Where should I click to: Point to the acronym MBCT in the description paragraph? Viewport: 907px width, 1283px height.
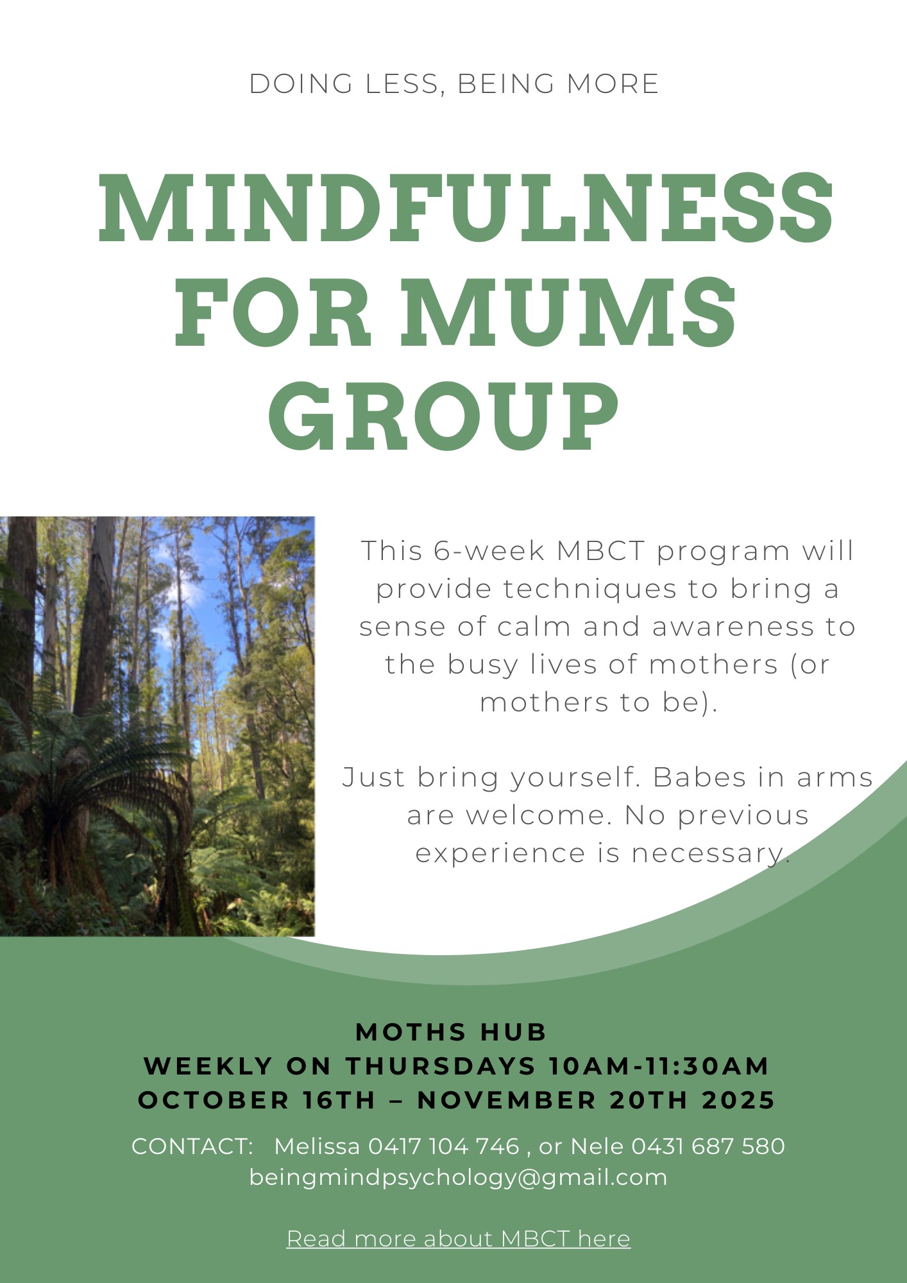click(600, 551)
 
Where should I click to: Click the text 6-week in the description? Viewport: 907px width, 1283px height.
click(489, 551)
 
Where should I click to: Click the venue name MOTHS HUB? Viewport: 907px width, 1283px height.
click(451, 1032)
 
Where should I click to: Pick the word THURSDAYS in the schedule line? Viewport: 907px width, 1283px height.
click(441, 1066)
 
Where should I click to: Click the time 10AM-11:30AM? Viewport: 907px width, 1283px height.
click(659, 1066)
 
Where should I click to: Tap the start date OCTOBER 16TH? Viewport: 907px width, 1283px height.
click(257, 1100)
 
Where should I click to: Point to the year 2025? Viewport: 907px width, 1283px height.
click(739, 1100)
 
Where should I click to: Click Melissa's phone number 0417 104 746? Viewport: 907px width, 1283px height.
click(444, 1146)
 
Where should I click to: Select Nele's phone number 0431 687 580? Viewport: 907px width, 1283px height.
click(708, 1146)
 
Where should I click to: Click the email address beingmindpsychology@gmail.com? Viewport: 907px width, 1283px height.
click(458, 1178)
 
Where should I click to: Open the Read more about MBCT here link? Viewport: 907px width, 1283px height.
click(459, 1239)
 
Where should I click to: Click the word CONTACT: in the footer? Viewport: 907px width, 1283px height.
click(193, 1146)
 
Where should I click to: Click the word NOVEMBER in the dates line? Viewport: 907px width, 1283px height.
click(507, 1100)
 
